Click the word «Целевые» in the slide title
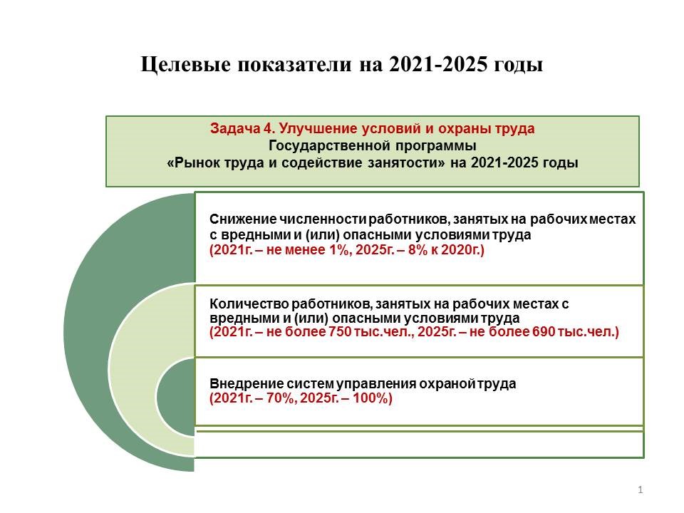coord(186,65)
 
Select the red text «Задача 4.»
coord(242,129)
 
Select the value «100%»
coord(372,398)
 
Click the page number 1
coord(640,490)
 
